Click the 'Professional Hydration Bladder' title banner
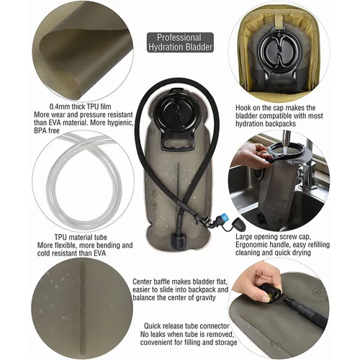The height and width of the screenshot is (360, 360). [x=180, y=42]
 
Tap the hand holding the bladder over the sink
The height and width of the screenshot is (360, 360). [x=256, y=154]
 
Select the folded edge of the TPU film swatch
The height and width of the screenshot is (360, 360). [x=61, y=40]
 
